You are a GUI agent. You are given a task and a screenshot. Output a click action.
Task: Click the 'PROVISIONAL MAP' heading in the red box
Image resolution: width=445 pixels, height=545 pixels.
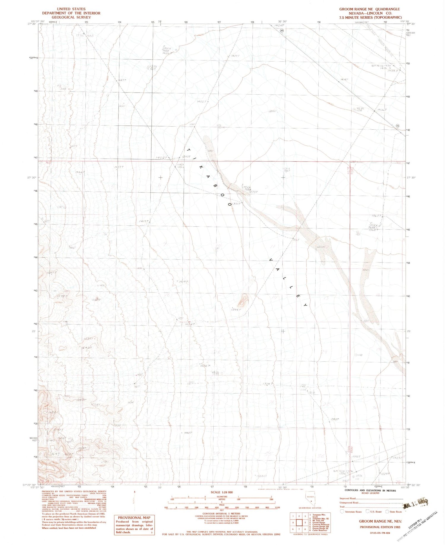[x=134, y=517]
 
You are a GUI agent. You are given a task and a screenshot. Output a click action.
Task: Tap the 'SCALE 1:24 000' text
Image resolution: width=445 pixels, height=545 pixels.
[x=221, y=492]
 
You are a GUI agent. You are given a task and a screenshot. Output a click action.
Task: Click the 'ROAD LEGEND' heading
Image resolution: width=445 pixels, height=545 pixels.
[x=370, y=493]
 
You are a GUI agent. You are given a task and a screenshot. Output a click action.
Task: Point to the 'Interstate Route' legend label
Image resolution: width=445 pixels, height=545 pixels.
[x=353, y=512]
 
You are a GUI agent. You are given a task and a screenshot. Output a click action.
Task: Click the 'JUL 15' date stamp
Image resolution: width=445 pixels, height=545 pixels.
[x=415, y=504]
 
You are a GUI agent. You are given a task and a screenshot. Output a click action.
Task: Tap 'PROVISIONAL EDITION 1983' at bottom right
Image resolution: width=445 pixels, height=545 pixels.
[x=380, y=527]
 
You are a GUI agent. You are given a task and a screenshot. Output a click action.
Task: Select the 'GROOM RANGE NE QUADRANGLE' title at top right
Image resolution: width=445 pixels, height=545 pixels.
[x=369, y=9]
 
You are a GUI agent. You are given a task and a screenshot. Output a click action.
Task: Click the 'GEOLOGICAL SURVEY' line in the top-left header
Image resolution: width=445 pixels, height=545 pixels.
[x=71, y=17]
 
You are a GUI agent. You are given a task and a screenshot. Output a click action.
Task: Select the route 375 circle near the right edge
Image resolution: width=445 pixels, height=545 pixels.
[x=397, y=125]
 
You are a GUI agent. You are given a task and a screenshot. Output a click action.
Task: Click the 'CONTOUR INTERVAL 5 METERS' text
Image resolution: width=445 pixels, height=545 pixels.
[x=221, y=514]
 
